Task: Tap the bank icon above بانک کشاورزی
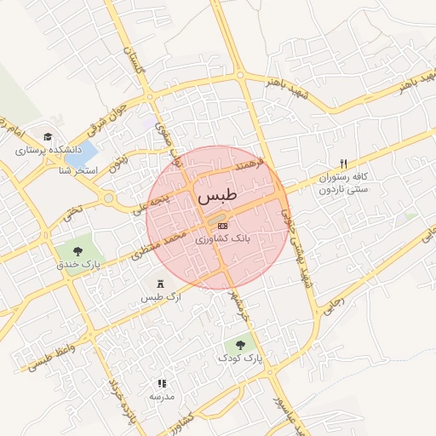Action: coord(223,226)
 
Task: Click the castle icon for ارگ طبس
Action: coord(161,284)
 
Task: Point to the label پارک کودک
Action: coord(241,359)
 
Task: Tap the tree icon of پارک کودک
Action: coord(240,345)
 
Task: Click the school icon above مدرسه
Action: coord(162,383)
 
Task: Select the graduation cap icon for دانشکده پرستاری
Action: coord(48,136)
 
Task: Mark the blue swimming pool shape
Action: coord(78,155)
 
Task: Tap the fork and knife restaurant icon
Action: coord(344,163)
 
